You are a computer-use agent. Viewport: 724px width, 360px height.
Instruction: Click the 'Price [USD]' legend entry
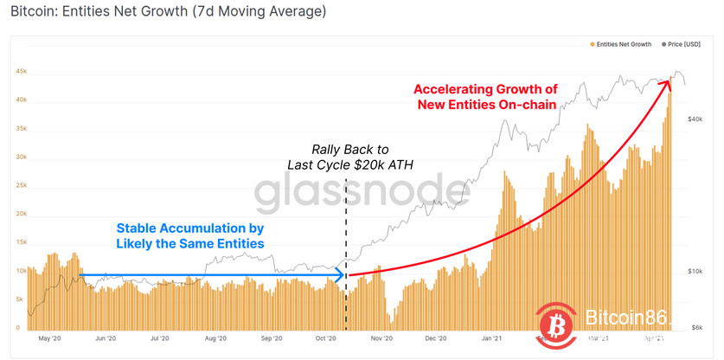pos(690,43)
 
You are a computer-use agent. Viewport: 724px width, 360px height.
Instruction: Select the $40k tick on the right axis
pos(698,119)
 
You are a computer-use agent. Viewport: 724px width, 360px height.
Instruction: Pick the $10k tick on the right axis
pos(698,270)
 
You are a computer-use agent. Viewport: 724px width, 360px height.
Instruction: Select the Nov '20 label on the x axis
pos(381,340)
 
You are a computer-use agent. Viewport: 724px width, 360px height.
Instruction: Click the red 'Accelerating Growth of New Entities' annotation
pos(485,97)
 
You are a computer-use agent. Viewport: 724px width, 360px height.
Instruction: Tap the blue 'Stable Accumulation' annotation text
pos(190,235)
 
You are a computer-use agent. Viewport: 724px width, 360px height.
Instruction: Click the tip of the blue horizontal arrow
pos(344,276)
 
